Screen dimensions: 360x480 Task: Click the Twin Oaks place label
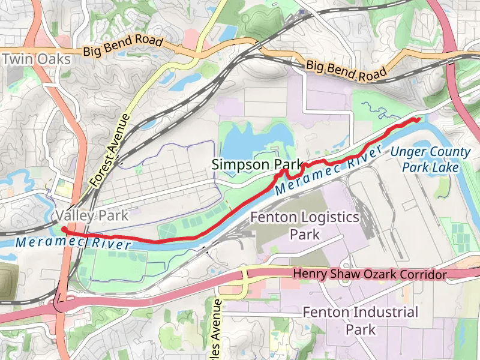click(x=37, y=59)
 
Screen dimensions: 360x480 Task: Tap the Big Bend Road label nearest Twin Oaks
click(x=123, y=47)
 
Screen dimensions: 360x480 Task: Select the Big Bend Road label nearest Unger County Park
click(x=346, y=70)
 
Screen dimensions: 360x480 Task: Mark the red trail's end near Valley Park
click(x=63, y=229)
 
